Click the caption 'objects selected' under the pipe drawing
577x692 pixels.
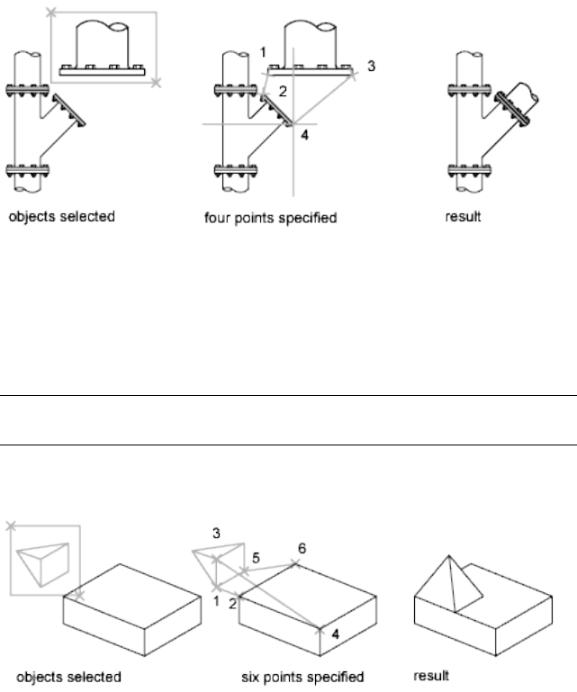(x=62, y=218)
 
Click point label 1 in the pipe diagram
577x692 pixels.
(x=263, y=53)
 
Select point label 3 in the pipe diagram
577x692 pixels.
(x=371, y=66)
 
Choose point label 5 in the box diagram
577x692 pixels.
(x=256, y=559)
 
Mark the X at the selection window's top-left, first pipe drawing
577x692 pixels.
(x=50, y=13)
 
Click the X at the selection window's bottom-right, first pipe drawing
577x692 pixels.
(x=157, y=83)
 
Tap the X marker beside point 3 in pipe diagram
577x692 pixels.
(x=354, y=76)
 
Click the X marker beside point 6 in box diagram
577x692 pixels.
(x=294, y=563)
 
